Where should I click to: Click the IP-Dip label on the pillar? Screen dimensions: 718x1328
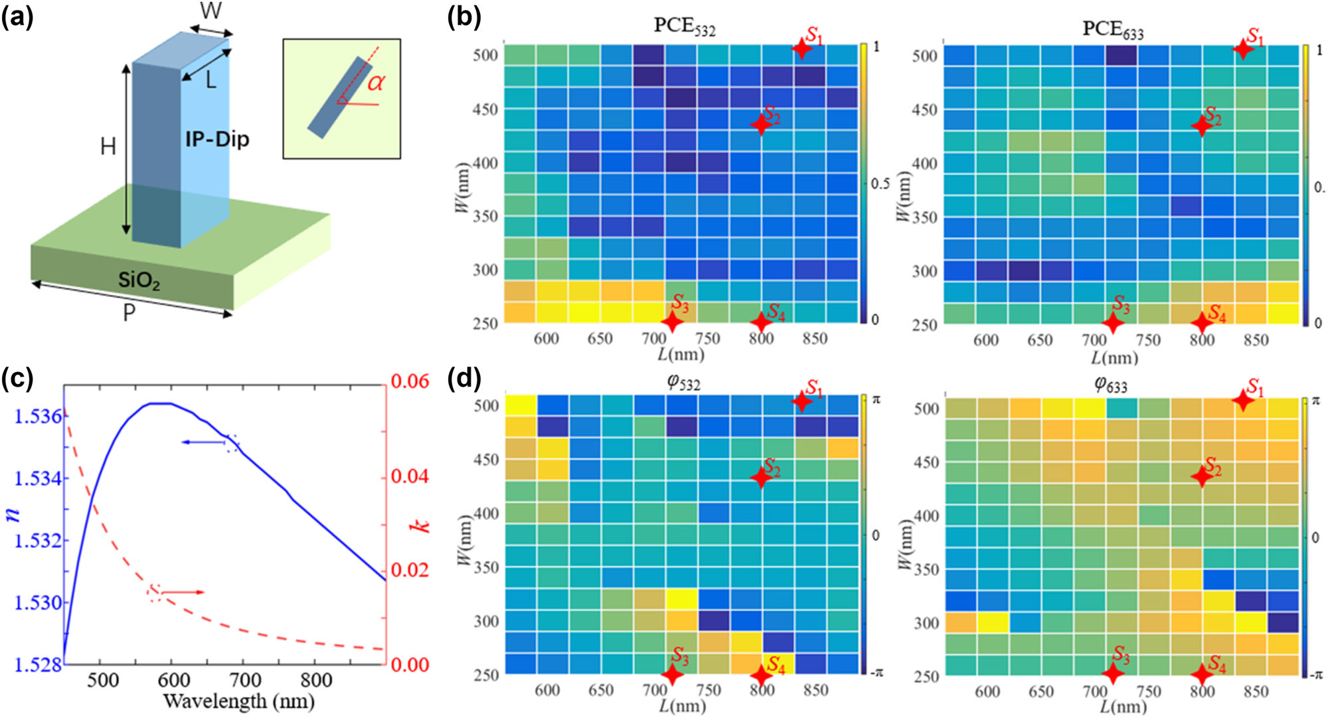pos(217,139)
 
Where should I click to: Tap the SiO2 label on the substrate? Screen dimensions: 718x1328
pos(139,280)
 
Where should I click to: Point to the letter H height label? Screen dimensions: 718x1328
pos(108,147)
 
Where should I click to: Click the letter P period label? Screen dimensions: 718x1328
pos(129,313)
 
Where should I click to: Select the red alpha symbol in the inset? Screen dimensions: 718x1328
pos(376,83)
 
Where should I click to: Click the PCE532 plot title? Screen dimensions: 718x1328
pos(684,26)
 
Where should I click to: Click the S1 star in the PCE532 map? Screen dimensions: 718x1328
pos(802,48)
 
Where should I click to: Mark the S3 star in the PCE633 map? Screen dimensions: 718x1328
pos(1113,323)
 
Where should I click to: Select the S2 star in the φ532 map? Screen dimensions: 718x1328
pos(761,477)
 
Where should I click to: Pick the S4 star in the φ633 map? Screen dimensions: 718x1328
pos(1202,674)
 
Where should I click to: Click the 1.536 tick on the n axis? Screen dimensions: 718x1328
pos(38,416)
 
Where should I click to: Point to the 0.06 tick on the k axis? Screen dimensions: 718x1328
pos(410,381)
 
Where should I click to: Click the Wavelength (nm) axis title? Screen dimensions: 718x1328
pos(238,701)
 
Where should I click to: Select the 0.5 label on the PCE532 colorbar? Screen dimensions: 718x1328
pos(880,184)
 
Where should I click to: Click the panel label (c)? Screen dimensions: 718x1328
pos(17,378)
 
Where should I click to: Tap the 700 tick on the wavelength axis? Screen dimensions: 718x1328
pos(245,680)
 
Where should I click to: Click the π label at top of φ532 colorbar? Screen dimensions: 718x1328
pos(876,399)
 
